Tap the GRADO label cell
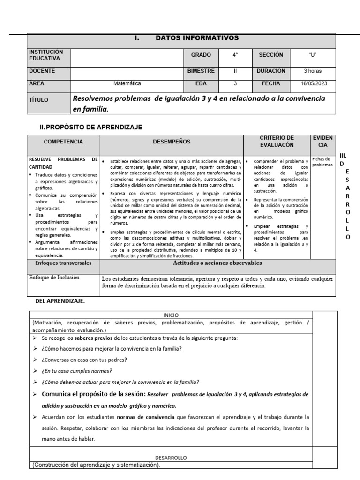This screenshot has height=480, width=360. click(201, 55)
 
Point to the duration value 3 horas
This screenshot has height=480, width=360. click(313, 71)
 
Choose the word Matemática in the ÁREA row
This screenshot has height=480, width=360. click(127, 84)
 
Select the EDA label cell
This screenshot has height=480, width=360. click(201, 84)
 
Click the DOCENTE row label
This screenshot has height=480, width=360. click(42, 71)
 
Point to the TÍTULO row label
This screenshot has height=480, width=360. click(38, 100)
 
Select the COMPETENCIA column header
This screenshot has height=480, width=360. click(63, 141)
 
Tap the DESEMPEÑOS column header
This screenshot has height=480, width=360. click(172, 141)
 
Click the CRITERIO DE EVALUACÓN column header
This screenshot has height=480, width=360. click(277, 141)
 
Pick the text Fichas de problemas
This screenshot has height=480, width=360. click(322, 162)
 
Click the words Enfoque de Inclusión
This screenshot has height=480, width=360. click(54, 277)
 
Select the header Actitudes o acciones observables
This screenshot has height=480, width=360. click(217, 263)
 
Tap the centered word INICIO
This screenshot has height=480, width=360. click(171, 315)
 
